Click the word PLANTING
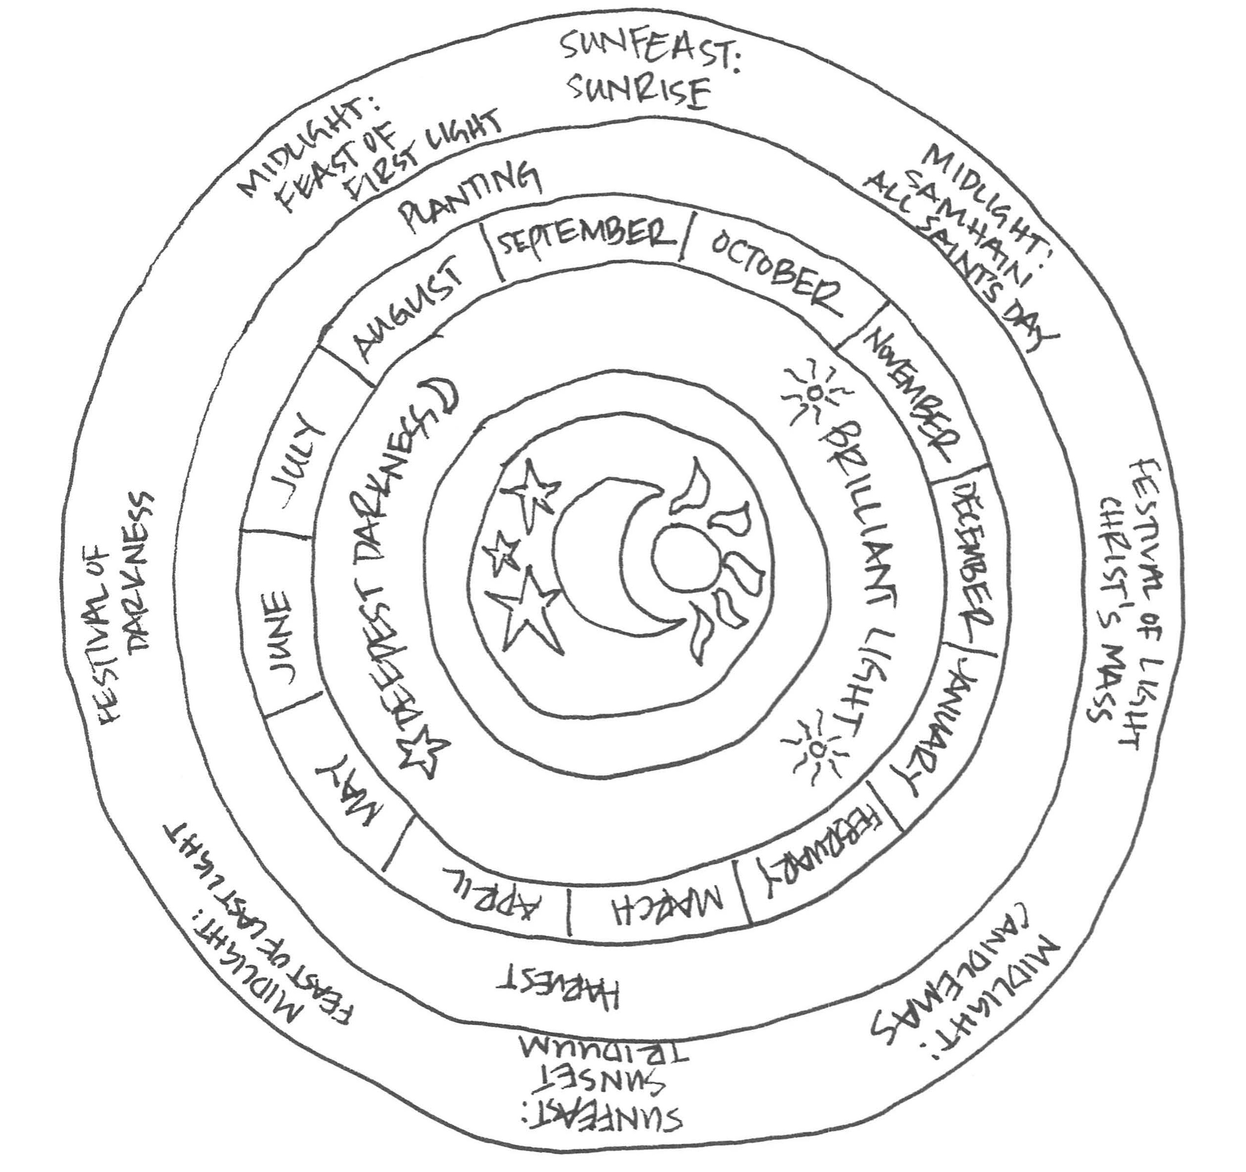point(471,194)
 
